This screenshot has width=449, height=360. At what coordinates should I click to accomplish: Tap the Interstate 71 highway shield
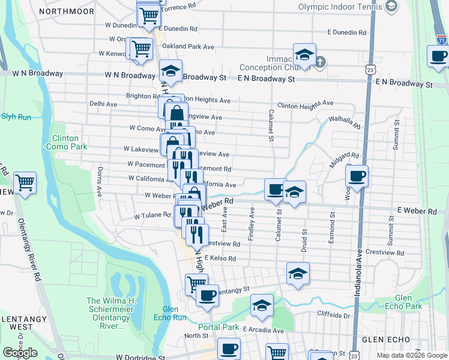pyautogui.click(x=441, y=40)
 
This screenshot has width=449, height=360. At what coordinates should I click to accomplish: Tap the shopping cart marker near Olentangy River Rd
pyautogui.click(x=25, y=182)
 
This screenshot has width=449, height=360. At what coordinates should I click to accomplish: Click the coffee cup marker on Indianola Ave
pyautogui.click(x=357, y=176)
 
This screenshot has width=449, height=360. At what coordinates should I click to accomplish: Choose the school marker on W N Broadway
pyautogui.click(x=170, y=71)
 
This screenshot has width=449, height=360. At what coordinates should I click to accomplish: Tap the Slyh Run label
pyautogui.click(x=16, y=117)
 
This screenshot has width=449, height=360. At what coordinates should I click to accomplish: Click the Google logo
pyautogui.click(x=20, y=352)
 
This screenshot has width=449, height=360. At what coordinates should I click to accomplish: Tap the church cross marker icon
pyautogui.click(x=321, y=61)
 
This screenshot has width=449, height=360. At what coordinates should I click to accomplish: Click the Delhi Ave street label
pyautogui.click(x=103, y=104)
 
